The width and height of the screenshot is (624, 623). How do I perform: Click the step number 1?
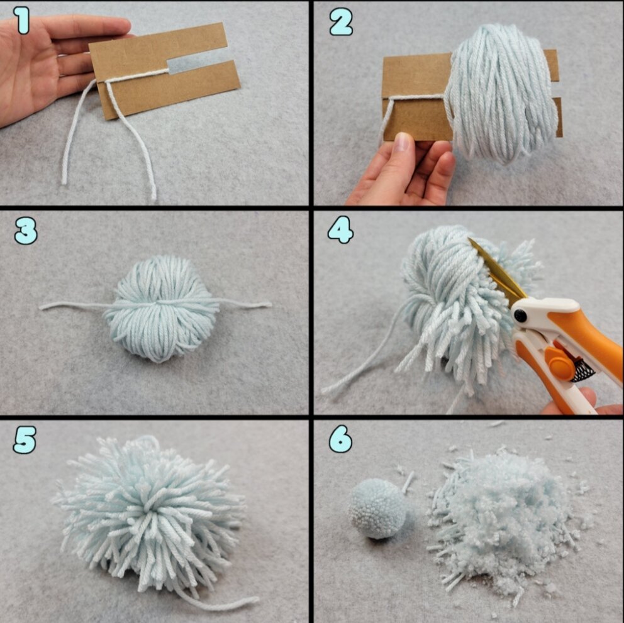tap(23, 21)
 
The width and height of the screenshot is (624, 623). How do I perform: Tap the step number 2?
tap(341, 23)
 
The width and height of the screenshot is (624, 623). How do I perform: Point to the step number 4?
tap(341, 230)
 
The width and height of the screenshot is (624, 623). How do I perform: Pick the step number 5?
tap(25, 440)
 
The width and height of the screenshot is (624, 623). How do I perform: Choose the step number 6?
tap(341, 439)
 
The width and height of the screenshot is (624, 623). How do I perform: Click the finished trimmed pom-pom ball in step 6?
tap(377, 509)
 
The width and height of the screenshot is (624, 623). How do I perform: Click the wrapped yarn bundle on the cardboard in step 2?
tap(501, 94)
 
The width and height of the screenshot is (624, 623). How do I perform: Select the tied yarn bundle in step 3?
tap(161, 308)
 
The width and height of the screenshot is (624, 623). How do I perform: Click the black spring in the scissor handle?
tap(582, 368)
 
